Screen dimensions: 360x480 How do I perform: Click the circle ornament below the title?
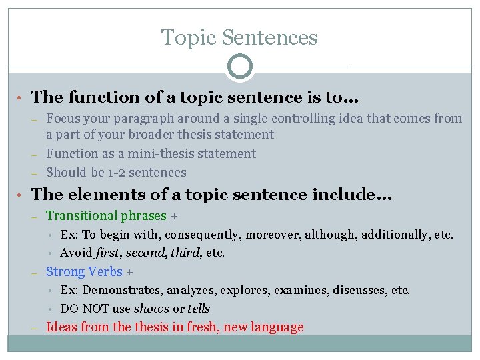pyautogui.click(x=240, y=67)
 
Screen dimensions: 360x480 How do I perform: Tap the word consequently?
pyautogui.click(x=195, y=235)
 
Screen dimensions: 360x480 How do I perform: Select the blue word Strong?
pyautogui.click(x=64, y=271)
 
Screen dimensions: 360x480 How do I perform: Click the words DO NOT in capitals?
pyautogui.click(x=83, y=308)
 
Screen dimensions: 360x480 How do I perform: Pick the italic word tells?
pyautogui.click(x=199, y=308)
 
